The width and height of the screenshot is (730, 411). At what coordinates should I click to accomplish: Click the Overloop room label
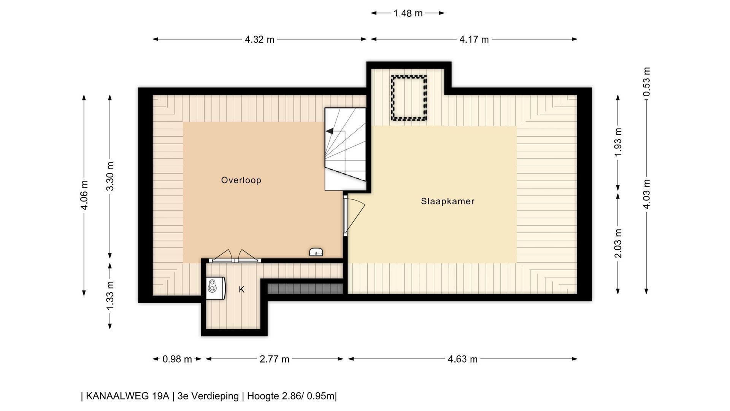point(241,180)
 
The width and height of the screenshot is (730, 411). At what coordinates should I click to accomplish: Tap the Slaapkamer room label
point(448,201)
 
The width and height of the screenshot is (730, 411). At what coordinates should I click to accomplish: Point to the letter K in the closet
point(241,290)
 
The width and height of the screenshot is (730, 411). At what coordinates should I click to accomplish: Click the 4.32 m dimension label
point(259,39)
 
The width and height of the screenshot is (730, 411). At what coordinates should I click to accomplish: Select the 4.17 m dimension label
point(474,39)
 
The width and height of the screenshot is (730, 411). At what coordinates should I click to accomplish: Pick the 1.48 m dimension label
point(408,13)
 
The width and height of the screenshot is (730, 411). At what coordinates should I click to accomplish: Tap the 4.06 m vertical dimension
point(84,195)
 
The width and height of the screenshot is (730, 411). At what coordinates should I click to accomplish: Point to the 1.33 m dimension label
point(110,295)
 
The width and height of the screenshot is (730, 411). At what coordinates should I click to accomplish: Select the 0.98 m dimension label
point(177,359)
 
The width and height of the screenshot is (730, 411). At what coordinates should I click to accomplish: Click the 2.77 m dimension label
point(275,359)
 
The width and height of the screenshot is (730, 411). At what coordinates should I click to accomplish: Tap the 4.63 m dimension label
point(462,359)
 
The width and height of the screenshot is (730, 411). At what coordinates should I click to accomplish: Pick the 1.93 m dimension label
point(618,142)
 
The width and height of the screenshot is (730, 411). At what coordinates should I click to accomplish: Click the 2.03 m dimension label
point(618,243)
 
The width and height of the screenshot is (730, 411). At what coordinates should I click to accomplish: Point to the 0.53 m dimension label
point(646,82)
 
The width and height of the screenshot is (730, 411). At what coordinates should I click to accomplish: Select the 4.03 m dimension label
point(646,194)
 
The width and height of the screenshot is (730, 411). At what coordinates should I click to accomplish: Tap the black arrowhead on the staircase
point(330,131)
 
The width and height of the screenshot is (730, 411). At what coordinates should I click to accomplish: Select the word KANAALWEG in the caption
point(127,396)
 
